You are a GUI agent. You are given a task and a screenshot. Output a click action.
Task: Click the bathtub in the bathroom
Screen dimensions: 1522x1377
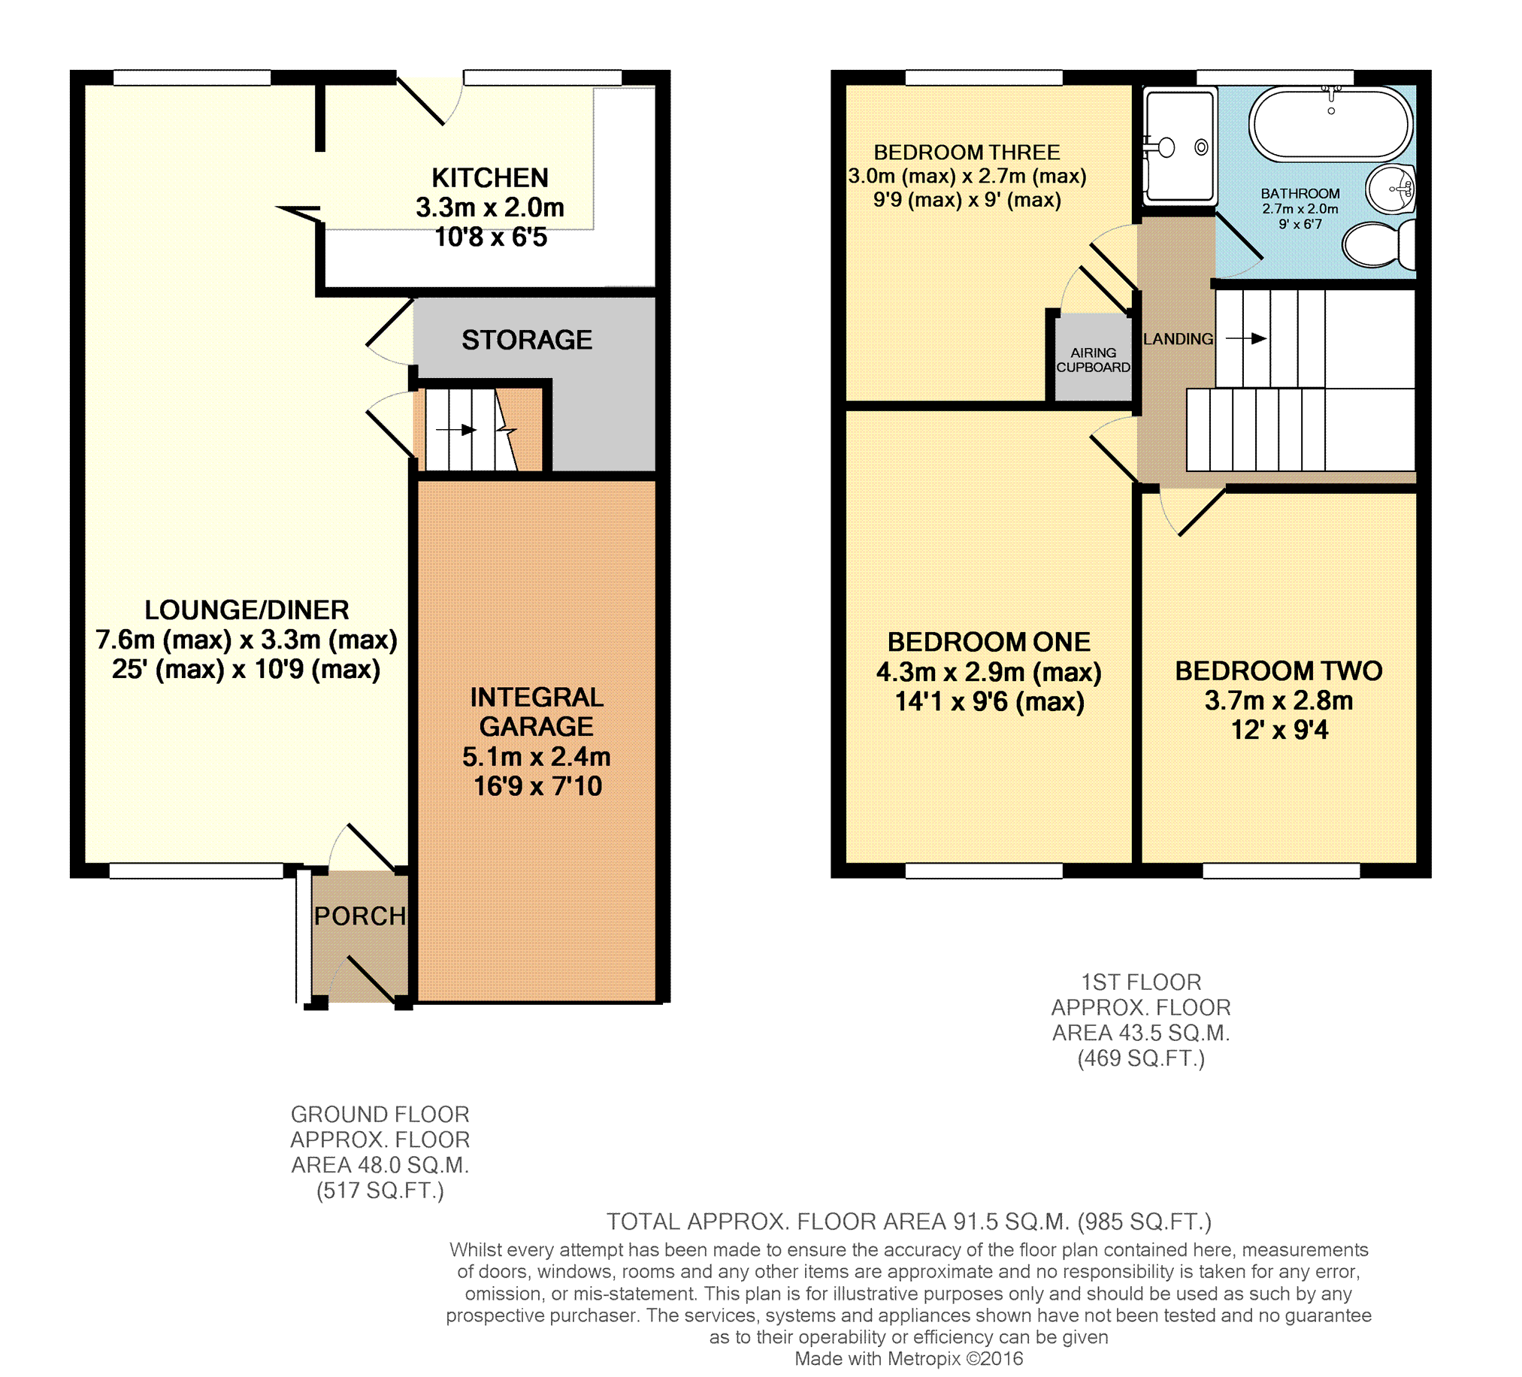click(1330, 124)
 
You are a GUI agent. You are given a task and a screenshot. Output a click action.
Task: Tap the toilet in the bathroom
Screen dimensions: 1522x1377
click(1378, 244)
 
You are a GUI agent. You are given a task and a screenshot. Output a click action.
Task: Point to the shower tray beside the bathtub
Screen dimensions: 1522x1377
click(1179, 146)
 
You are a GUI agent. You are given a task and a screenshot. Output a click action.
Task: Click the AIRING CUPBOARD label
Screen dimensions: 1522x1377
click(1093, 360)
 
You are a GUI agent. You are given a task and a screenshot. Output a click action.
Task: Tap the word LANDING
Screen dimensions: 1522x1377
click(1178, 340)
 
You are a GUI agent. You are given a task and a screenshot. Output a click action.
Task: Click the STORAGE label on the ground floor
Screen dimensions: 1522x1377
click(527, 340)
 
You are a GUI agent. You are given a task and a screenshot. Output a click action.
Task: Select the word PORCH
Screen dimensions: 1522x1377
click(360, 916)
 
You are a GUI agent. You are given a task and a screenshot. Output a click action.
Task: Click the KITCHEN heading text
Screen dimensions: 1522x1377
click(490, 178)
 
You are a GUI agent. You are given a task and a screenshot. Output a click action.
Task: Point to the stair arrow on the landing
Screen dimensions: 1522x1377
click(1245, 339)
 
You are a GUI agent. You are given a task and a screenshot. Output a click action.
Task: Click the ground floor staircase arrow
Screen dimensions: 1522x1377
click(456, 430)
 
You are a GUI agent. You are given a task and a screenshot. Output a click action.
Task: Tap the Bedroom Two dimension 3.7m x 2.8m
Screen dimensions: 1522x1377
click(1279, 701)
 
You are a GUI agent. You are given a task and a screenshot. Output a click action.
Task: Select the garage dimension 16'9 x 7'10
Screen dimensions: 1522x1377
click(537, 787)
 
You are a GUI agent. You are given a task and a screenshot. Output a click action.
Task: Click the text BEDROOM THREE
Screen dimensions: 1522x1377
click(967, 153)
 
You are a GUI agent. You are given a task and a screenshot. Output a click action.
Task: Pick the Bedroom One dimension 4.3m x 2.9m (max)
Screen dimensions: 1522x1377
click(989, 672)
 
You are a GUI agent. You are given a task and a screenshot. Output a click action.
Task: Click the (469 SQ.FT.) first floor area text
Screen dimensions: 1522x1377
click(1141, 1058)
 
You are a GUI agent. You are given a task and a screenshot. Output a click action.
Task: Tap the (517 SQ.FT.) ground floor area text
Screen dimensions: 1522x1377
click(380, 1191)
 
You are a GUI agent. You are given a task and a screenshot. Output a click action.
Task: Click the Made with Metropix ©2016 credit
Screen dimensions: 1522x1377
click(909, 1359)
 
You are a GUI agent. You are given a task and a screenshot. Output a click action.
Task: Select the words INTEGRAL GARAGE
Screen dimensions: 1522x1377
click(537, 712)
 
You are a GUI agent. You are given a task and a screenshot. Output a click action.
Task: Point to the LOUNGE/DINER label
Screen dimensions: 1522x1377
click(247, 610)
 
